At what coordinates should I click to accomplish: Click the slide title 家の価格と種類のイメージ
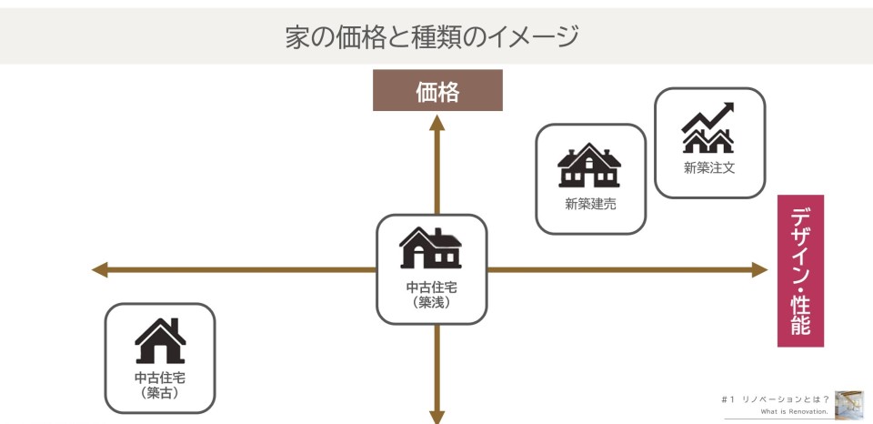tap(432, 36)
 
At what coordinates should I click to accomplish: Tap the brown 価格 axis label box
tap(437, 91)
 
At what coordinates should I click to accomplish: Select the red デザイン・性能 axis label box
tap(800, 271)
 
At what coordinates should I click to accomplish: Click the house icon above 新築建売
tap(589, 167)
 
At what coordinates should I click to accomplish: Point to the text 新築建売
tap(590, 204)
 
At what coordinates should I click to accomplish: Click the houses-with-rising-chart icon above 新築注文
tap(708, 128)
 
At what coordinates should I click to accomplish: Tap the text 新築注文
tap(709, 167)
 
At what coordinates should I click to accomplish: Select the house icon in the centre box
tap(431, 247)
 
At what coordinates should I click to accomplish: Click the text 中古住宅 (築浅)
tap(431, 294)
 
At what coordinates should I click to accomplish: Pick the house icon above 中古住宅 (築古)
tap(160, 340)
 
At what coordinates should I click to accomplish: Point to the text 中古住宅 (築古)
tap(160, 384)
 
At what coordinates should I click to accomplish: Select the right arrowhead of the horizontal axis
tap(759, 269)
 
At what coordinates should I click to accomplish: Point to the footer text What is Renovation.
tap(794, 411)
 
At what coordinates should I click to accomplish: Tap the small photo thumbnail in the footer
tap(848, 404)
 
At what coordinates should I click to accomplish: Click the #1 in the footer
tap(727, 399)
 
